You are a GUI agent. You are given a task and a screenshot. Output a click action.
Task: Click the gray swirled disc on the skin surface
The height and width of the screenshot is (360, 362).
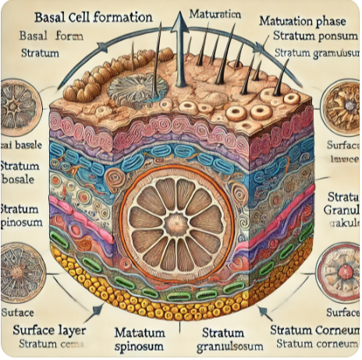(x=137, y=88)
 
